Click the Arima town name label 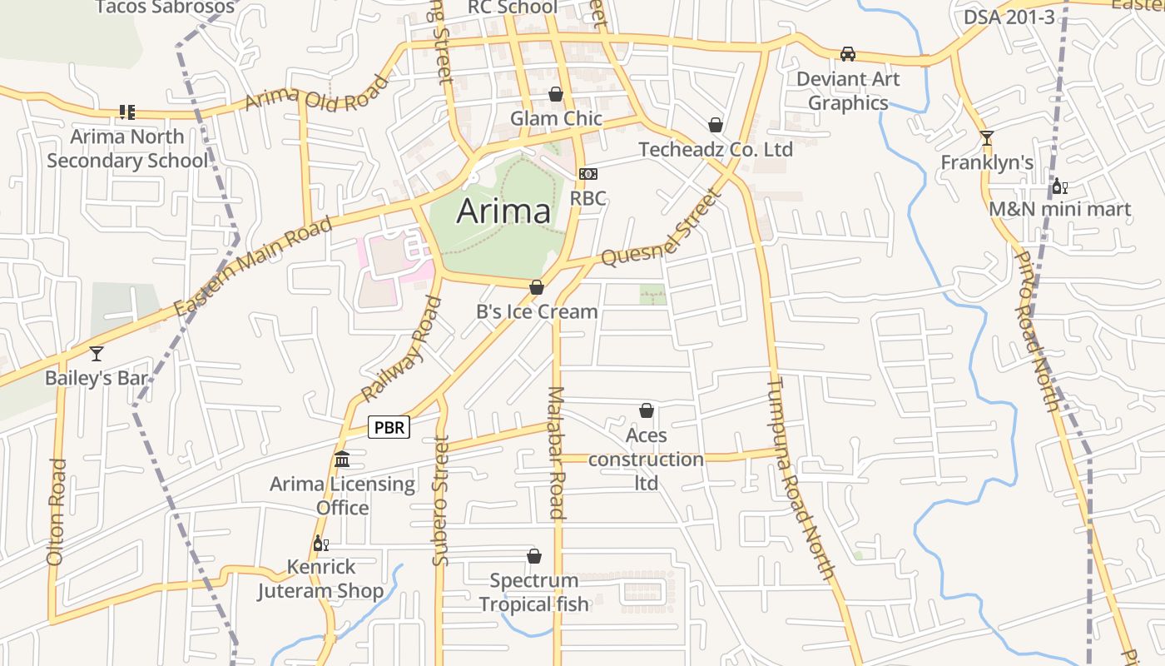coord(503,211)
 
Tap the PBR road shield coord(389,428)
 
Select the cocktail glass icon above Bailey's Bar coord(97,354)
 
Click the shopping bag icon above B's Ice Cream coord(537,287)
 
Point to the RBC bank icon coord(588,174)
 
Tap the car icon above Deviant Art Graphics coord(848,54)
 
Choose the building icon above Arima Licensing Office coord(342,460)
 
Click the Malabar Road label coord(557,453)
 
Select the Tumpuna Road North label coord(800,478)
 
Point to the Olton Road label coord(57,512)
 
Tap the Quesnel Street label coord(659,228)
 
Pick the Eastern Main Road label coord(255,266)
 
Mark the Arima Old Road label coord(317,92)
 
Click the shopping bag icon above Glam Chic coord(556,94)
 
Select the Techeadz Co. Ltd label coord(716,150)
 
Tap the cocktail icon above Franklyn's coord(987,138)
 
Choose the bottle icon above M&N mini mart coord(1059,186)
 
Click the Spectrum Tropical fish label coord(533,592)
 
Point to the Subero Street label coord(440,500)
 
